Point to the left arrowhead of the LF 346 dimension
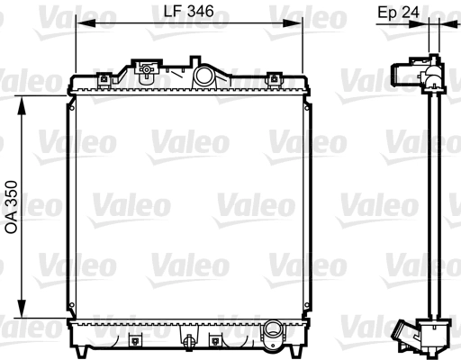[79, 23]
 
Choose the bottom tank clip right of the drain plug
[214, 340]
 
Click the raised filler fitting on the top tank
[144, 67]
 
